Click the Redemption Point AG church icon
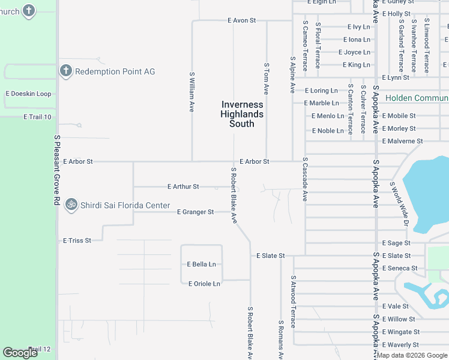[66, 71]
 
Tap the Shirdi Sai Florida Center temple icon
[71, 205]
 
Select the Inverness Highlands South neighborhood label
[242, 114]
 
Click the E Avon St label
[242, 20]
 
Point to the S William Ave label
[192, 92]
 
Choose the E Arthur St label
[183, 187]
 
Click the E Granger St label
[195, 212]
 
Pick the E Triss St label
[77, 241]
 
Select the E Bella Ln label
[201, 264]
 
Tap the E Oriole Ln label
[204, 284]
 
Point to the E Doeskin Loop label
[28, 94]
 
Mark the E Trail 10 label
[37, 117]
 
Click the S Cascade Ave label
[305, 179]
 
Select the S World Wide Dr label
[399, 204]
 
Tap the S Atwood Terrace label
[293, 301]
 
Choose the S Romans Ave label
[280, 339]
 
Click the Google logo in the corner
[20, 353]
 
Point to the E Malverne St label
[402, 141]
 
